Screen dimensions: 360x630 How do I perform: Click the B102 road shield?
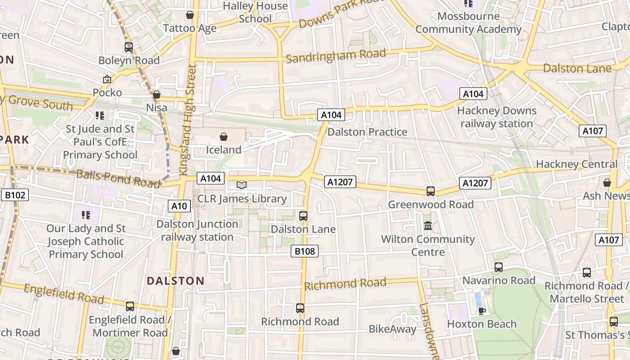pos(15,195)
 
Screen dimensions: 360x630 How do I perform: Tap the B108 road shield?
pos(305,251)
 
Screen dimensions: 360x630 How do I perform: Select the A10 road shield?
pos(179,206)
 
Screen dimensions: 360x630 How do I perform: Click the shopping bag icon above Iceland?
pos(224,136)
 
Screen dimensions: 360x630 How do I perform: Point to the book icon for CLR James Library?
pos(242,185)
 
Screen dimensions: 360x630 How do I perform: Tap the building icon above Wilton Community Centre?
pos(427,225)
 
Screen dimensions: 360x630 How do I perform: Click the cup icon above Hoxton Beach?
pos(481,310)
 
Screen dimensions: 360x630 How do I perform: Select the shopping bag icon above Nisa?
pos(157,94)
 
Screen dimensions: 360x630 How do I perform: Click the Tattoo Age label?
pos(189,28)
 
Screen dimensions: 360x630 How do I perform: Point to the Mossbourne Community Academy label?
pos(468,23)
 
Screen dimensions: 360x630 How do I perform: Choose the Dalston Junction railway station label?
pos(197,230)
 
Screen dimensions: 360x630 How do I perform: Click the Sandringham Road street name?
pos(336,56)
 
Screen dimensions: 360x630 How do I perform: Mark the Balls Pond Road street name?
pos(118,178)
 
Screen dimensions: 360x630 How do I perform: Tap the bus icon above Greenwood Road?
pos(430,191)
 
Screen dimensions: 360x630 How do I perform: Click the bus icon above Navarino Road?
pos(498,267)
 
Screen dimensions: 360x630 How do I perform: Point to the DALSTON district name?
pos(175,281)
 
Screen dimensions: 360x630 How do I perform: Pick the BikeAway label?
pos(392,329)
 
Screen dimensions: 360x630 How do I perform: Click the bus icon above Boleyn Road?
pos(129,47)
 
